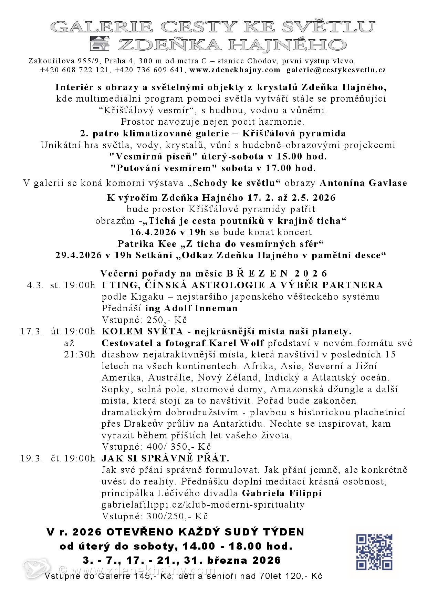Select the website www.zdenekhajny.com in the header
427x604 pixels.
coord(235,70)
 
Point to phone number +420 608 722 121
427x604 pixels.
coord(75,70)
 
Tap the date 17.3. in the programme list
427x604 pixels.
coord(32,332)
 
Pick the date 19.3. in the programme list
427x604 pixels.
coord(32,459)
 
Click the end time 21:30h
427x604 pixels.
coord(80,355)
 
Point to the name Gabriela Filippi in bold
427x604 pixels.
coord(282,493)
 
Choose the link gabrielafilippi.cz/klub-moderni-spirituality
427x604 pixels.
coord(203,505)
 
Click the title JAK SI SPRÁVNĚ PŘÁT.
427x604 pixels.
coord(165,459)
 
